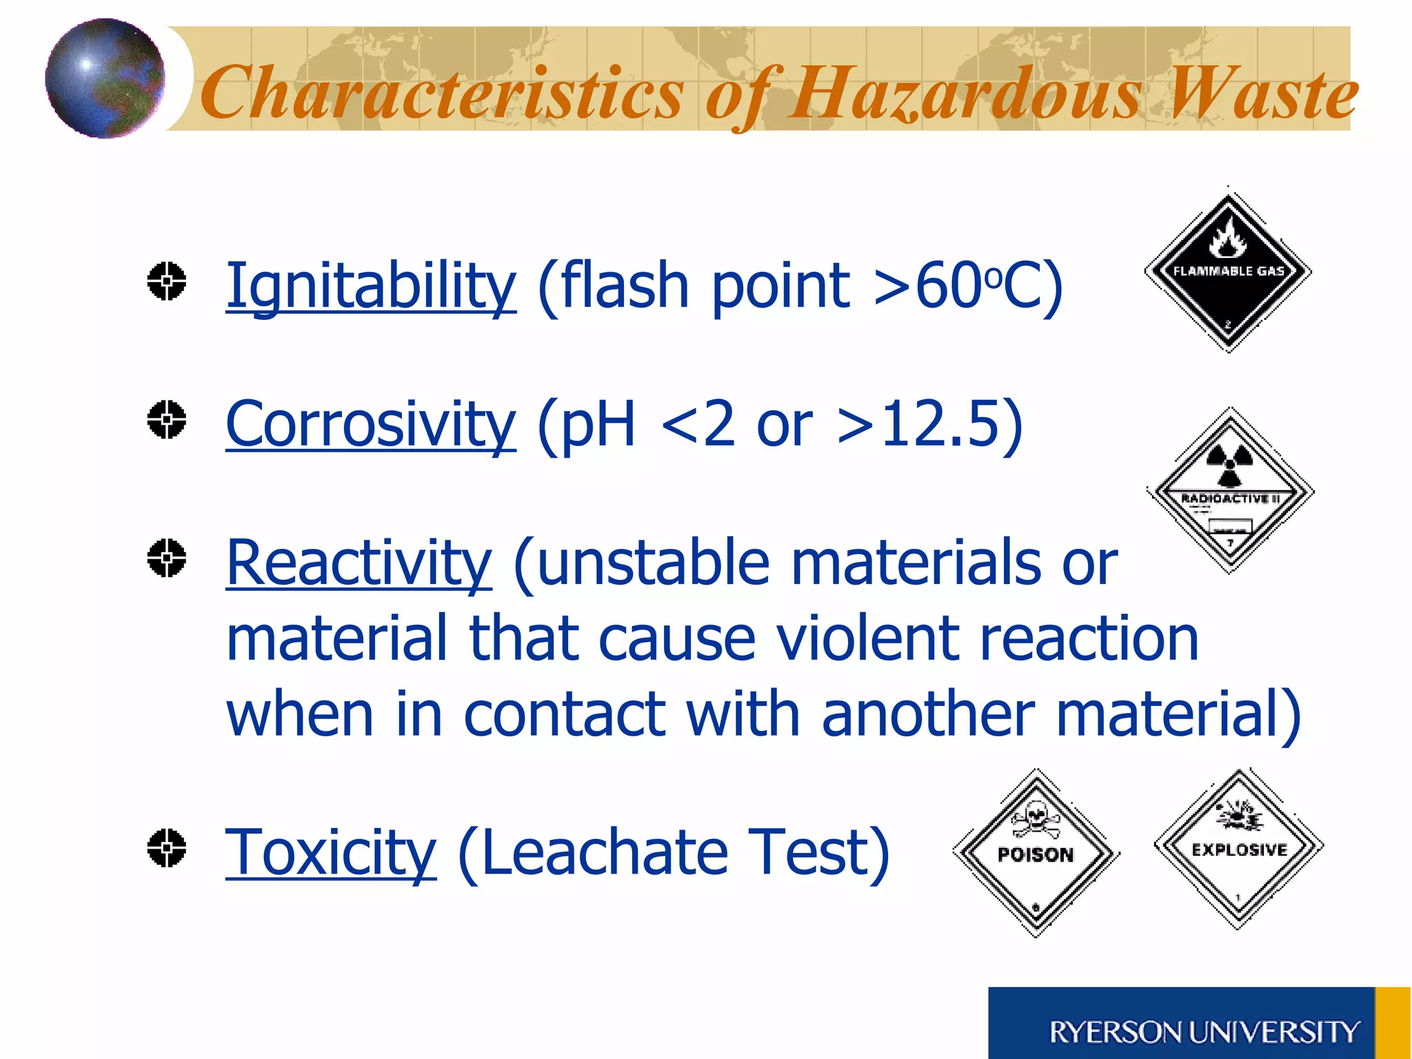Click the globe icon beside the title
click(105, 78)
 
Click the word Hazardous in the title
click(965, 94)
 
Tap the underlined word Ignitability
click(370, 285)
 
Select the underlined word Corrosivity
click(370, 425)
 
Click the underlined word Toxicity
click(331, 854)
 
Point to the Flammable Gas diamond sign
click(1228, 270)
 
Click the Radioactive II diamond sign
click(1231, 491)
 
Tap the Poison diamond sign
click(1036, 854)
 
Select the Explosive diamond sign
click(1239, 849)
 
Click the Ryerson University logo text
click(1204, 1032)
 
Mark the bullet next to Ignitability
click(167, 281)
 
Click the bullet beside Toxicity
click(167, 847)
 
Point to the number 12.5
click(940, 425)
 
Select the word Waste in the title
click(1262, 94)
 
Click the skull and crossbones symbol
click(1035, 819)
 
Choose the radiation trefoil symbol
click(1230, 463)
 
